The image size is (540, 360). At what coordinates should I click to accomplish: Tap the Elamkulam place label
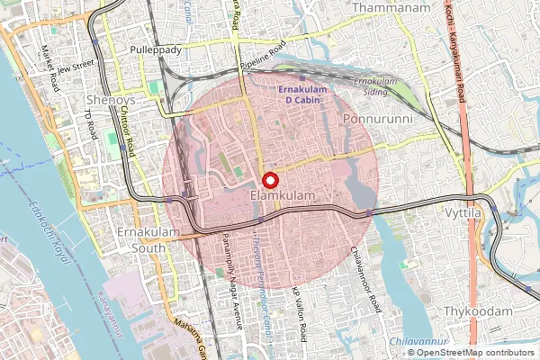tap(276, 195)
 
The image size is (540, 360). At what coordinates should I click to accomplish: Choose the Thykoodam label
tap(478, 311)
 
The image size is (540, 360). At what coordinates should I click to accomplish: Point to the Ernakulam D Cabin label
tap(307, 95)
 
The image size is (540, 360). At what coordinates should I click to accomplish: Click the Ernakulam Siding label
tap(374, 87)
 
